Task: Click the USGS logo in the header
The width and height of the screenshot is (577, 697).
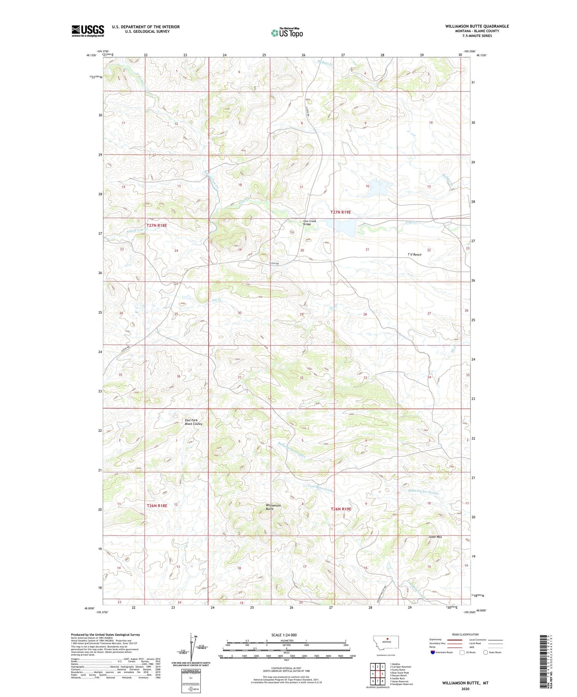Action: [88, 31]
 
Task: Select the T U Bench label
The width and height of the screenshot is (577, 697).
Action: [414, 255]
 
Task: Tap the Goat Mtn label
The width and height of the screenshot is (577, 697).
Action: [435, 537]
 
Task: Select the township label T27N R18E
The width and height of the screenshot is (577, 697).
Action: [157, 225]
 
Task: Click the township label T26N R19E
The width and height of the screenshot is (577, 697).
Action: [341, 509]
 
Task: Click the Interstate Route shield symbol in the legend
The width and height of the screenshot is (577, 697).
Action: [433, 652]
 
